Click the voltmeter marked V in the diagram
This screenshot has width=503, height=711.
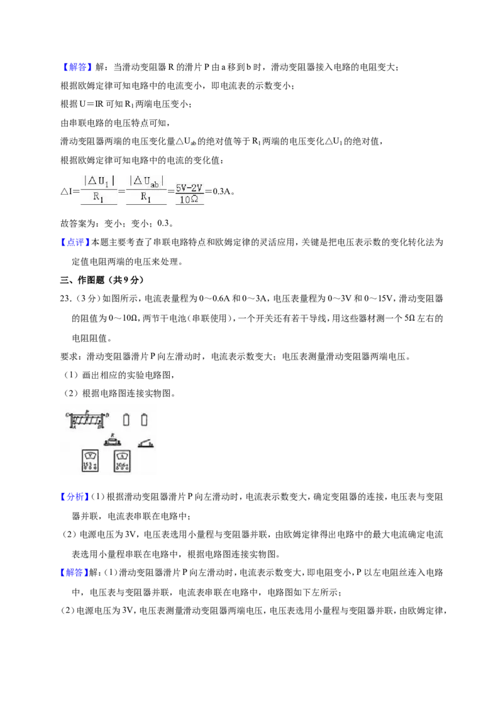[x=90, y=460]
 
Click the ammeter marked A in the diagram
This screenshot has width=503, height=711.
[x=122, y=461]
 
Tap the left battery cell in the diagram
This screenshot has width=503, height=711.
[x=126, y=420]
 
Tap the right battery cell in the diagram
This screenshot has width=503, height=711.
[x=145, y=420]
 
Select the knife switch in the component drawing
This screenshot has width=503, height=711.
[x=146, y=443]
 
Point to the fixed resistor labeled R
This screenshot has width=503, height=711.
[x=112, y=440]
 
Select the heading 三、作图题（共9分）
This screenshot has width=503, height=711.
[x=102, y=280]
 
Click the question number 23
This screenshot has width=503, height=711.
[x=66, y=299]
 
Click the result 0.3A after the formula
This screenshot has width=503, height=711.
[x=221, y=191]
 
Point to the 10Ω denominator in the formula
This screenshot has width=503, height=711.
[x=189, y=200]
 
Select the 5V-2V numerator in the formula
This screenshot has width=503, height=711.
[x=189, y=188]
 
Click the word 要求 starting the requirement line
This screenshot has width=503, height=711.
[x=69, y=356]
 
